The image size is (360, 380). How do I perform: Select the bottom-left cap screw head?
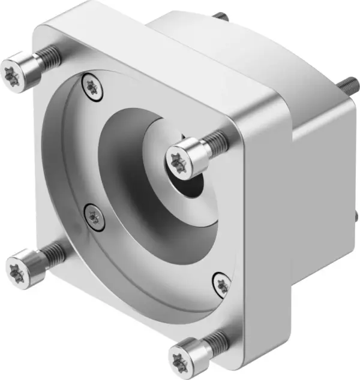click(x=23, y=268)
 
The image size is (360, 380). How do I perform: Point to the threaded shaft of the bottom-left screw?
click(x=55, y=252)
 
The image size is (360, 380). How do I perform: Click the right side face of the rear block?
click(x=324, y=198)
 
